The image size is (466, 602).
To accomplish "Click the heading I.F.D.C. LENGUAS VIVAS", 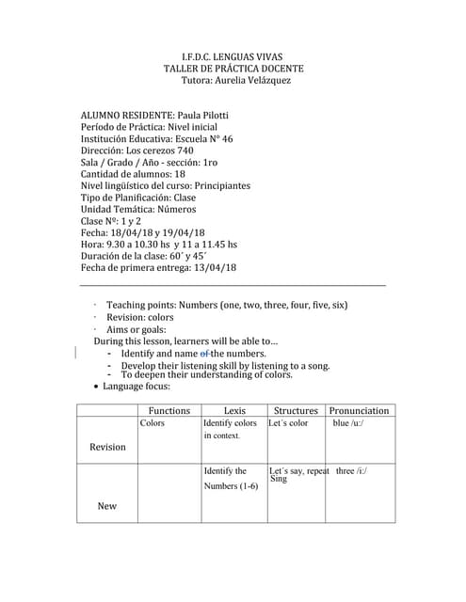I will (x=233, y=56).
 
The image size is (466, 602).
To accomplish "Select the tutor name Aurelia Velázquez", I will (x=252, y=81).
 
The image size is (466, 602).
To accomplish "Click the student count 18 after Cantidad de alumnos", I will (x=180, y=174).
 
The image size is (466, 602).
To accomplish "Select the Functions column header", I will (x=169, y=411).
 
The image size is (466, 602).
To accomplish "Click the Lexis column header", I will (x=234, y=411).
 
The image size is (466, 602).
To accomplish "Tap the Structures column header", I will (x=296, y=411).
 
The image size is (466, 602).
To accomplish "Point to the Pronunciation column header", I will (x=359, y=411).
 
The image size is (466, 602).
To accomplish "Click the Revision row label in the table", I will (x=107, y=447).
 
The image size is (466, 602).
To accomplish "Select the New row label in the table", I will (x=107, y=506).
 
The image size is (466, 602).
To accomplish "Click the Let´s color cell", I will (x=288, y=424).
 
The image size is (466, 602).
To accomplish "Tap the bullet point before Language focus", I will (x=97, y=387).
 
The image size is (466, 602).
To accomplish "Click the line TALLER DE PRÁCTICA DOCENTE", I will (x=233, y=69).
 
